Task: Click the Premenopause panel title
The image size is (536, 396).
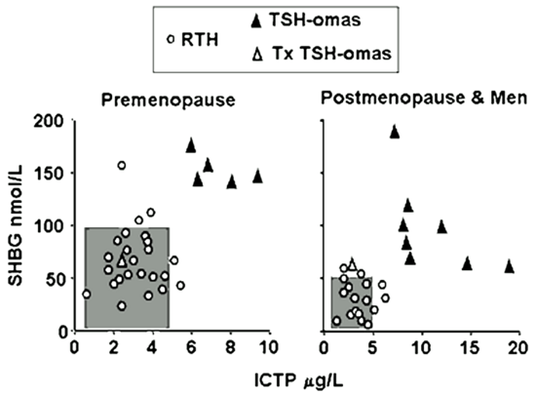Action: pos(169,100)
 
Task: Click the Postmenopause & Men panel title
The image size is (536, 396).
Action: pos(424,99)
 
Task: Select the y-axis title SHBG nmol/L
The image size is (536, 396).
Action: pos(16,225)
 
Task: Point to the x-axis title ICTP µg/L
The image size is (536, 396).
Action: pos(298,381)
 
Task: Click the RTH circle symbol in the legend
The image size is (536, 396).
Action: pos(171,40)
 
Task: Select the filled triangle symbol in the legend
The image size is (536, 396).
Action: pos(256,22)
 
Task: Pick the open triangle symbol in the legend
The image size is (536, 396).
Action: pos(258,55)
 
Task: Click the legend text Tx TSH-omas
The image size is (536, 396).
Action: pos(331,54)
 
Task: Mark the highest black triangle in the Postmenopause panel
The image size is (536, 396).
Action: pos(395,132)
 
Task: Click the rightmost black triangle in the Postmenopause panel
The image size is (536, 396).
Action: pos(510,266)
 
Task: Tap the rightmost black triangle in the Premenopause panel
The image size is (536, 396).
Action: pos(257,177)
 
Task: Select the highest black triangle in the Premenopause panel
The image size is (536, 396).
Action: pos(191,145)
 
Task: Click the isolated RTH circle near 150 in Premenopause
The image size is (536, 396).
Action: pos(122,166)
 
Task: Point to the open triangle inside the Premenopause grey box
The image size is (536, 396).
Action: pos(122,261)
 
